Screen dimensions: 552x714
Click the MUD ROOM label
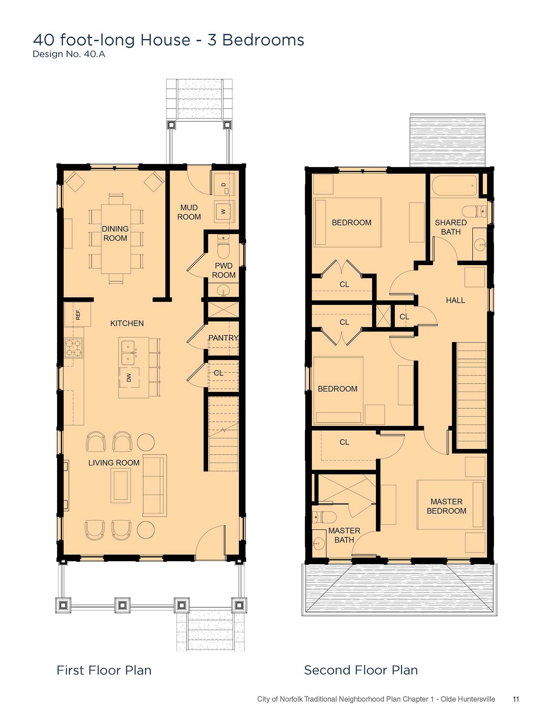pyautogui.click(x=189, y=212)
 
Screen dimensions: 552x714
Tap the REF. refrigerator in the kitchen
pyautogui.click(x=78, y=314)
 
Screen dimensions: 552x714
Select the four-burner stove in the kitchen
pyautogui.click(x=74, y=348)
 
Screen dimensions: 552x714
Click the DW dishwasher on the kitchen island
pyautogui.click(x=129, y=377)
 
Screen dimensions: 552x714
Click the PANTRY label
pyautogui.click(x=223, y=338)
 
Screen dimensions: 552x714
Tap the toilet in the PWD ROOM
pyautogui.click(x=223, y=246)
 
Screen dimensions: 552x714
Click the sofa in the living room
pyautogui.click(x=155, y=485)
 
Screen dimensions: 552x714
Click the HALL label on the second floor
pyautogui.click(x=455, y=300)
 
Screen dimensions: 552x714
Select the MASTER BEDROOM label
pyautogui.click(x=446, y=506)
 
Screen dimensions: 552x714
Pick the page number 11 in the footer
pyautogui.click(x=516, y=699)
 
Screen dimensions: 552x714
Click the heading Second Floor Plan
pyautogui.click(x=361, y=670)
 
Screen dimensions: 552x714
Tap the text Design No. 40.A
pyautogui.click(x=69, y=54)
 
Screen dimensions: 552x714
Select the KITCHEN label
pyautogui.click(x=127, y=323)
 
